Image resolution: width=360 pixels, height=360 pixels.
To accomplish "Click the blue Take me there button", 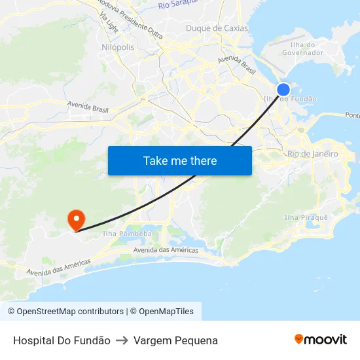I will [180, 160].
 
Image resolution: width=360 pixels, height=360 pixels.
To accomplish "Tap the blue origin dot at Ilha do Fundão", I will [283, 90].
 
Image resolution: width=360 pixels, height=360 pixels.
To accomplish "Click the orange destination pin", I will [77, 219].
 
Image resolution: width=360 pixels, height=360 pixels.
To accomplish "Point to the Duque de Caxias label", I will [217, 28].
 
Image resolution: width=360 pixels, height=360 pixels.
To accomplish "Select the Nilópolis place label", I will [118, 47].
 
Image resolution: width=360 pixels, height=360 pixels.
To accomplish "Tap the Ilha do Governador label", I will [302, 48].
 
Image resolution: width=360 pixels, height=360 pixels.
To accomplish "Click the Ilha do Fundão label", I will [290, 99].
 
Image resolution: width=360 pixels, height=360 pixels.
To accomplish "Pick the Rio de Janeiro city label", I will [313, 154].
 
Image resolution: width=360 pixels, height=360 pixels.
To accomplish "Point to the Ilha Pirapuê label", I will [306, 217].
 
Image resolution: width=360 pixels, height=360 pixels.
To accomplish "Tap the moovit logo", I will [320, 339].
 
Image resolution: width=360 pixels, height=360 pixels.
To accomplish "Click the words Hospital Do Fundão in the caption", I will [62, 340].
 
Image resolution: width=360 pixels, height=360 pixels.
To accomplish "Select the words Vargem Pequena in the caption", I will [175, 340].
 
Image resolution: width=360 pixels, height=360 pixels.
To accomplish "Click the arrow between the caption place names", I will [122, 340].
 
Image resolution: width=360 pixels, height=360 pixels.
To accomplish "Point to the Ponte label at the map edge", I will [352, 115].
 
